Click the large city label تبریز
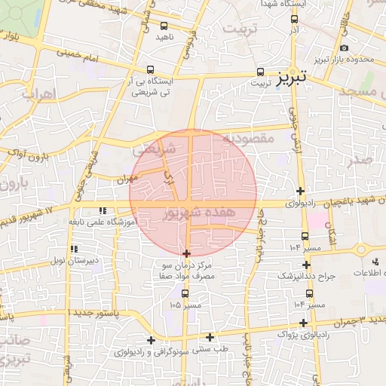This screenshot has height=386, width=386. click(290, 78)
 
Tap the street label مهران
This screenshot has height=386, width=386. click(125, 179)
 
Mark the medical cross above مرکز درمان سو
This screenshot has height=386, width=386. click(187, 254)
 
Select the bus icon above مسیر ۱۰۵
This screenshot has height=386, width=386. click(185, 293)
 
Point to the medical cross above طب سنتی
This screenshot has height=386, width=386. click(210, 337)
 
